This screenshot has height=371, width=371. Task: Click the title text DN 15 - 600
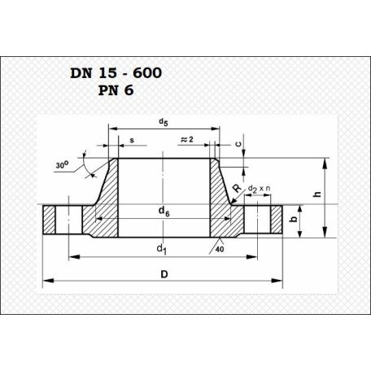click(116, 73)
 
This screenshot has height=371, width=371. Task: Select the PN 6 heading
click(116, 90)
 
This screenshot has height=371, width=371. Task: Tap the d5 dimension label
click(164, 122)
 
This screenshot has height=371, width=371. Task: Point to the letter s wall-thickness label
click(132, 141)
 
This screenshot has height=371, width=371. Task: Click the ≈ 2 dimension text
click(187, 139)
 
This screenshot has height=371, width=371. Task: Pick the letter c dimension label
click(238, 144)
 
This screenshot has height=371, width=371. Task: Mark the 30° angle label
click(62, 164)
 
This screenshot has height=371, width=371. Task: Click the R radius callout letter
click(238, 188)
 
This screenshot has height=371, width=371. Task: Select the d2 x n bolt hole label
click(260, 189)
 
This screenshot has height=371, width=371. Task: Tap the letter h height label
click(317, 194)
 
